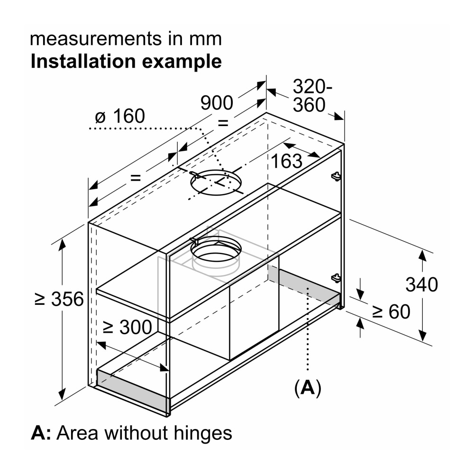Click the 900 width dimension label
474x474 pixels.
[x=217, y=103]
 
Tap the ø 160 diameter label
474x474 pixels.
[x=119, y=116]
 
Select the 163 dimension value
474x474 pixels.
[x=286, y=162]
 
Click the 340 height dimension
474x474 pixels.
[x=421, y=285]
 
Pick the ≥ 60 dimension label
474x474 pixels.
[x=391, y=311]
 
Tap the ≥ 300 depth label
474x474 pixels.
[x=127, y=327]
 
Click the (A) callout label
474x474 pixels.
[x=308, y=388]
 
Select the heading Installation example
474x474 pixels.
[x=126, y=62]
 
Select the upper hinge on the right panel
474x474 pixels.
[x=336, y=176]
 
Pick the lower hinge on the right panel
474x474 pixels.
[x=336, y=277]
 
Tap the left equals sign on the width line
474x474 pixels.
[x=136, y=178]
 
